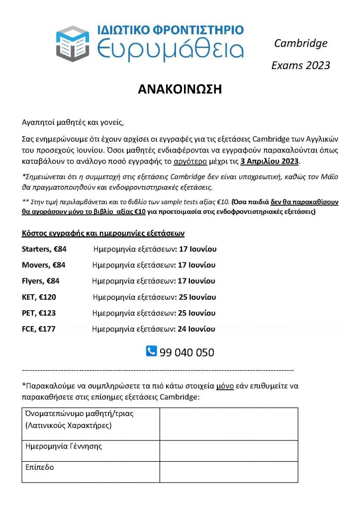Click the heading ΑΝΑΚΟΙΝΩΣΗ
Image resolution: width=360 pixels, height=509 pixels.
[x=180, y=89]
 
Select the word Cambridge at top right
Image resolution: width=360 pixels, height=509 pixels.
[x=301, y=43]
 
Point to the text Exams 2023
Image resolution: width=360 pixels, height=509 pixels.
[x=300, y=66]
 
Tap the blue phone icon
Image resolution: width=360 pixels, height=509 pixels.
[x=151, y=351]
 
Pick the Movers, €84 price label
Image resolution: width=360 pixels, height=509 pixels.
[x=43, y=265]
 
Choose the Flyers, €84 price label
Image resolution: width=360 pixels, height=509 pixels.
[x=40, y=281]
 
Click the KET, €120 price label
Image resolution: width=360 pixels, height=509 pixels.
[x=39, y=297]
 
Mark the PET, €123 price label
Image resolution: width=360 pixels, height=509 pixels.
[x=39, y=313]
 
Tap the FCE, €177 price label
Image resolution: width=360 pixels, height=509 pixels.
[x=39, y=329]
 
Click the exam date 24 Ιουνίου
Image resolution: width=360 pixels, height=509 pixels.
[x=196, y=329]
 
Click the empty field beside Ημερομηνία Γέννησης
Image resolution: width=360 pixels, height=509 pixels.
[x=229, y=450]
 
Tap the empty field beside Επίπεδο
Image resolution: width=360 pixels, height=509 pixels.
[x=229, y=472]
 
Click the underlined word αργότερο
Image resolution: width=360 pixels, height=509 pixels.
[x=187, y=162]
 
